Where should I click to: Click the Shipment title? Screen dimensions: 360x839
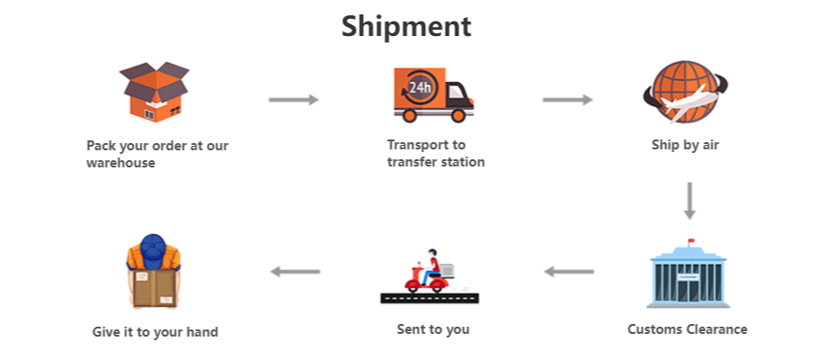coord(406,26)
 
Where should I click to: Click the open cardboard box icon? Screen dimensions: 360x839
coord(158,94)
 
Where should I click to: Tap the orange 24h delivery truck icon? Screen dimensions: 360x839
coord(432,94)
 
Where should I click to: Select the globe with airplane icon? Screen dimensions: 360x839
coord(686,94)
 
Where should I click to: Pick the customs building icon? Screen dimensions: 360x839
coord(688,274)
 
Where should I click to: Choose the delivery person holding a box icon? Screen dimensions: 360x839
coord(155,271)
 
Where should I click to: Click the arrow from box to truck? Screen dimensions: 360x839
coord(293,100)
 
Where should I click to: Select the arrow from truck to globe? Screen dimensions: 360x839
coord(567,100)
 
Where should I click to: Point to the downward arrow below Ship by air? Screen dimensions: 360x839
coord(689,201)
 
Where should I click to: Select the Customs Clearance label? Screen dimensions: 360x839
coord(687,329)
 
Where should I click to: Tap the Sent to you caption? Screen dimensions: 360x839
coord(433,329)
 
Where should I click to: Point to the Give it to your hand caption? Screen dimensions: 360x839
coord(155,331)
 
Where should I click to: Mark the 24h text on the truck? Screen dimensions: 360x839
coord(419,87)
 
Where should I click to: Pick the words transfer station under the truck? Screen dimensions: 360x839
coord(436,162)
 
